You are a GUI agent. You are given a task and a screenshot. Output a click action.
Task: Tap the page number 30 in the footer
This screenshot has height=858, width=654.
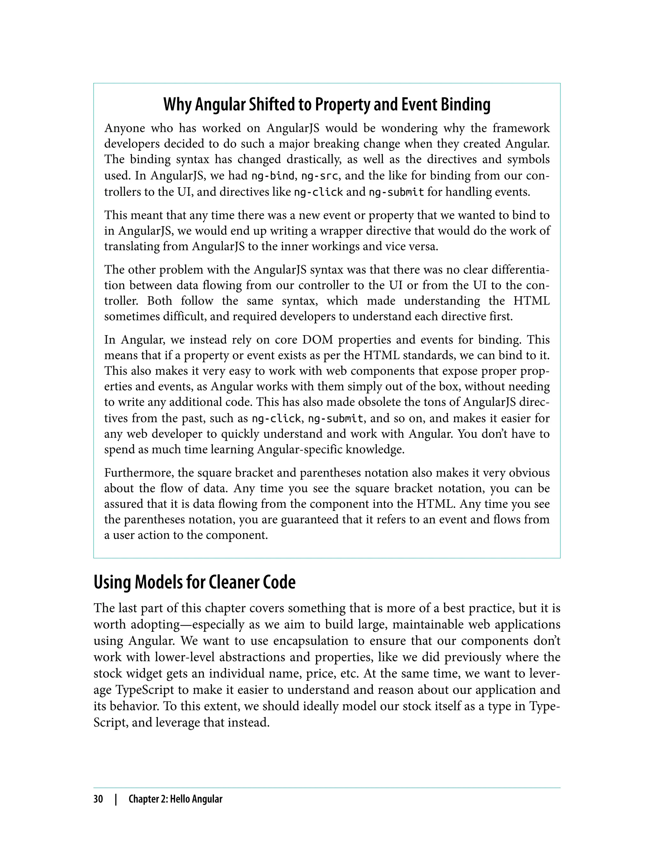98,799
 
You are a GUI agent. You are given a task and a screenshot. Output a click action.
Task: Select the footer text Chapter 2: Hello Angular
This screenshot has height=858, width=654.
175,799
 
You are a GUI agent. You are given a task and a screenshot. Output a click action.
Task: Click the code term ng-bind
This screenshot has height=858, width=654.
272,176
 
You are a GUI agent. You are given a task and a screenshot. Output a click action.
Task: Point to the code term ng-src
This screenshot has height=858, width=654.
319,176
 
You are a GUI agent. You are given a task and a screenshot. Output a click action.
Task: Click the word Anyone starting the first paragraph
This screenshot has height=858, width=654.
125,128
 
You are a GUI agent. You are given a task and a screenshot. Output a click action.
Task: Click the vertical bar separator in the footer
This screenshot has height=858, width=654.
116,799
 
